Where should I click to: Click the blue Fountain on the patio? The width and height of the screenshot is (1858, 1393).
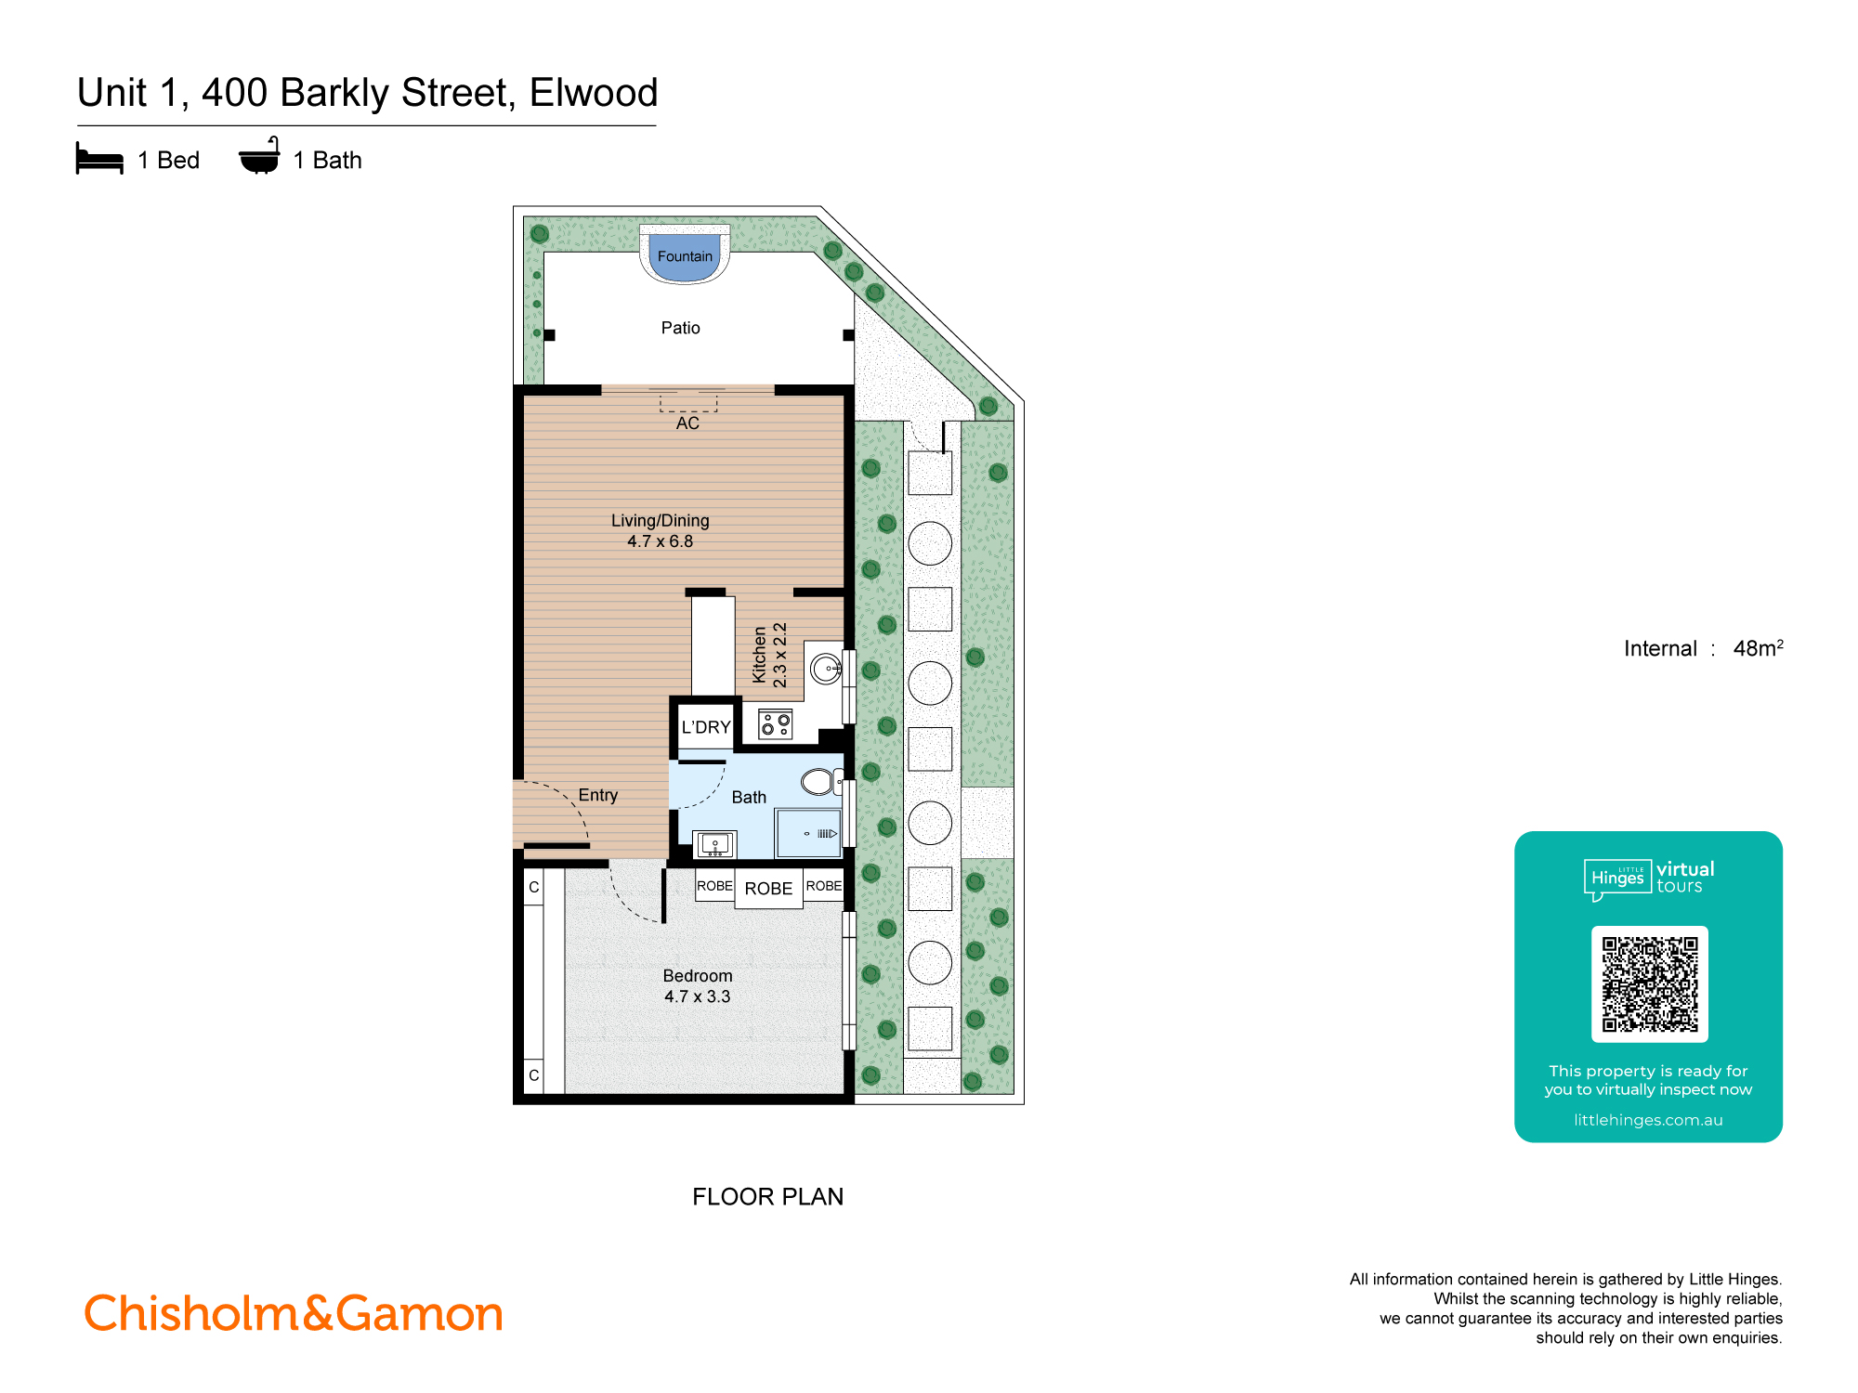[x=685, y=257]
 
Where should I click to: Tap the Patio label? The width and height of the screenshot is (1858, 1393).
[x=680, y=328]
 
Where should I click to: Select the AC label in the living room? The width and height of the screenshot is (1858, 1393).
[x=687, y=423]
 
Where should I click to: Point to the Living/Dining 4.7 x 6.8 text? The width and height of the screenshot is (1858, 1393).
[x=660, y=530]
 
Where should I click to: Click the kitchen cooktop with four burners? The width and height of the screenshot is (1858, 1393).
[x=776, y=724]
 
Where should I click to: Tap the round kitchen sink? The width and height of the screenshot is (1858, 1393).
[x=825, y=668]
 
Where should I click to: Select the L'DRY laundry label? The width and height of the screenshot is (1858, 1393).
[x=706, y=727]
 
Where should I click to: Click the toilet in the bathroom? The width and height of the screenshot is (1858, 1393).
[x=818, y=782]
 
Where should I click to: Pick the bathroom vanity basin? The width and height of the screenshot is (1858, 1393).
[x=714, y=844]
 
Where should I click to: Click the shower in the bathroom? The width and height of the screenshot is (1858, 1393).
[x=808, y=833]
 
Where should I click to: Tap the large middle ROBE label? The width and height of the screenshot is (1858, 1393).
[x=768, y=889]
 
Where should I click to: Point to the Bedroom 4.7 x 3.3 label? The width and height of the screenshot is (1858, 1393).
[x=697, y=986]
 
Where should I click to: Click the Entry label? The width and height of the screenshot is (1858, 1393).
[x=597, y=795]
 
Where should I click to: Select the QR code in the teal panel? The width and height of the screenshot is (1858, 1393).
[x=1649, y=983]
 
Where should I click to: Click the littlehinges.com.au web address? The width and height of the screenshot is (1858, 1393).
[x=1648, y=1120]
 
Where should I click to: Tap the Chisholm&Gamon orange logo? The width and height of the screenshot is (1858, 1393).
[x=294, y=1314]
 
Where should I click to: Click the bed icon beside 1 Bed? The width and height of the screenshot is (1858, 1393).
[x=99, y=159]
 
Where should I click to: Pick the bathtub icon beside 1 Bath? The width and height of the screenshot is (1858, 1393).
[x=259, y=157]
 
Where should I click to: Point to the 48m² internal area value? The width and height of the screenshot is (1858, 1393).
[x=1757, y=648]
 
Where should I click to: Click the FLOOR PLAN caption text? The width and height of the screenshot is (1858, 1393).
[x=767, y=1196]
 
